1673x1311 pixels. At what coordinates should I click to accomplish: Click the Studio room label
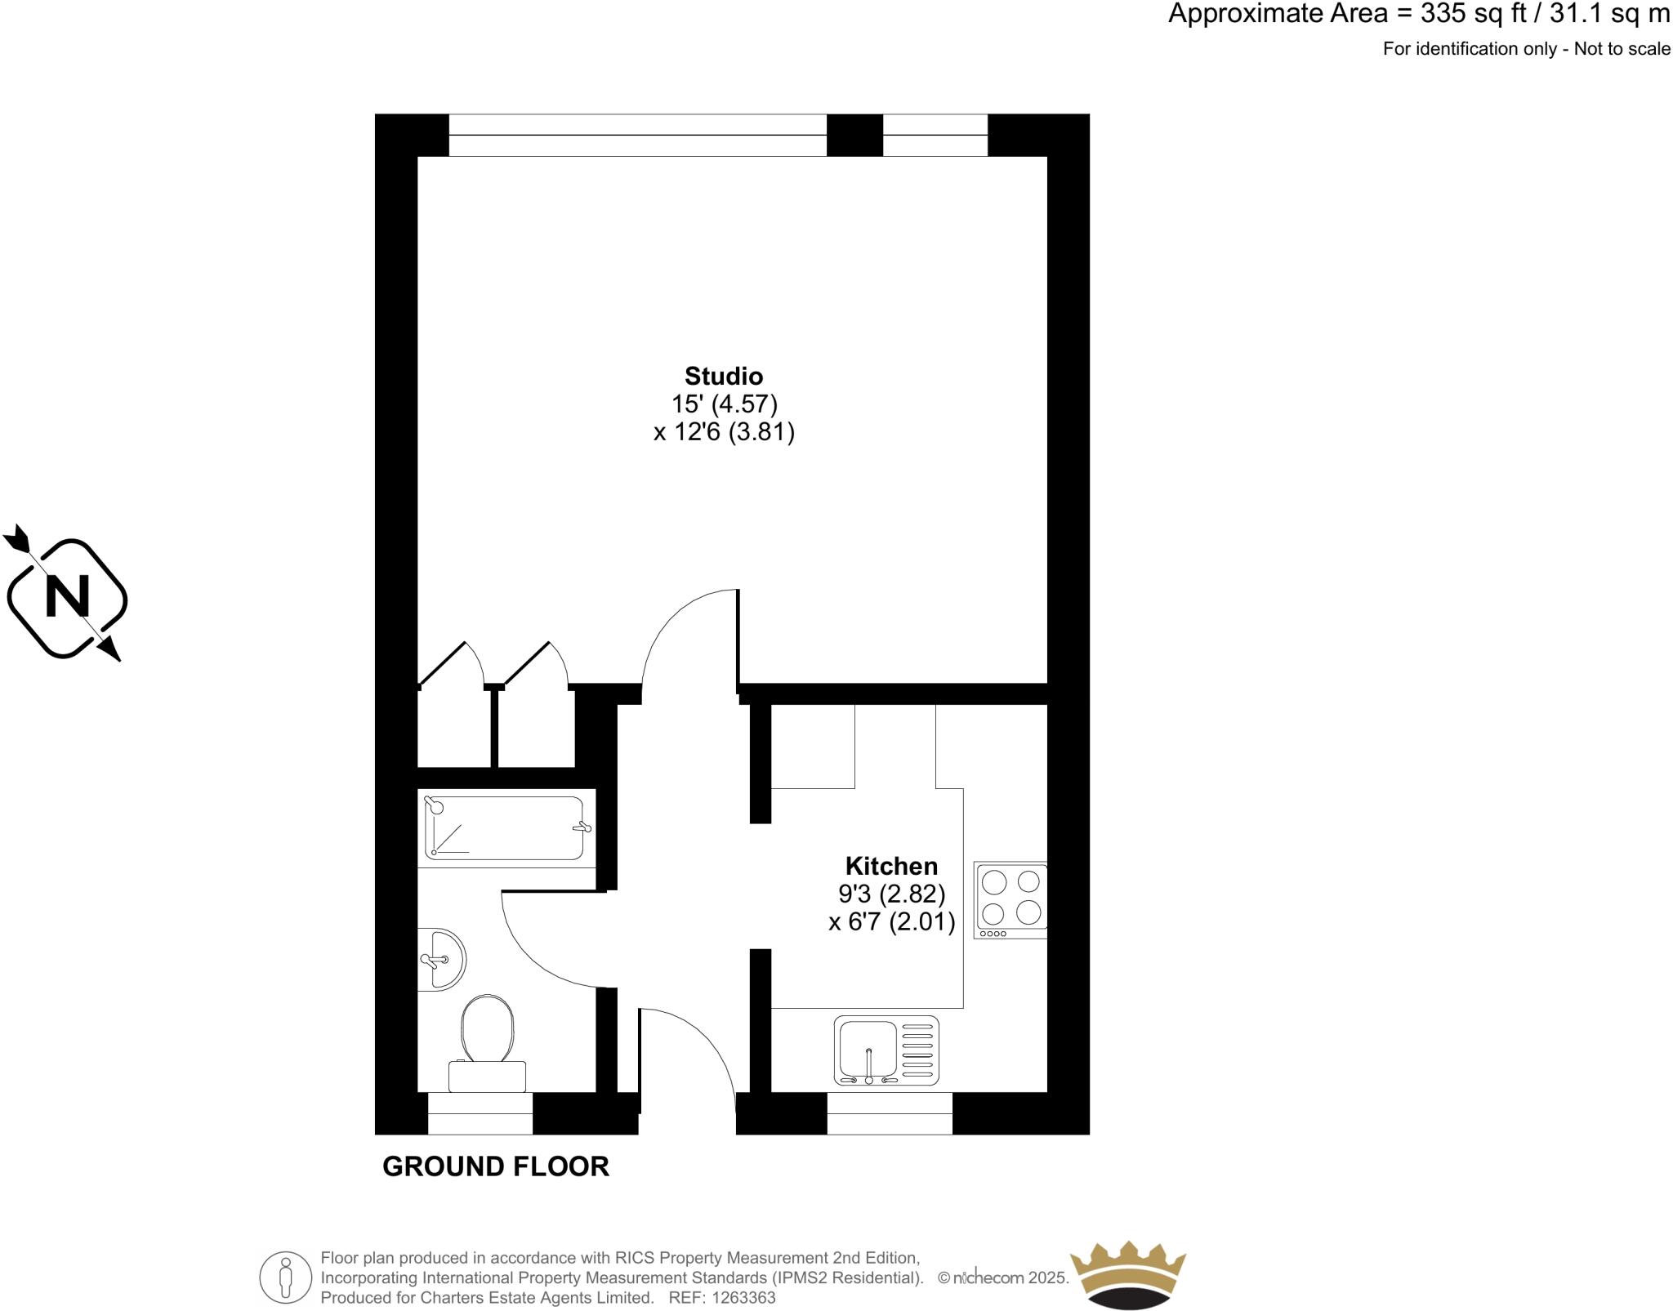pyautogui.click(x=724, y=376)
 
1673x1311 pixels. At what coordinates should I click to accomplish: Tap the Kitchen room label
pyautogui.click(x=891, y=866)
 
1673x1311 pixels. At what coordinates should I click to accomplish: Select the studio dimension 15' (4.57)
pyautogui.click(x=724, y=404)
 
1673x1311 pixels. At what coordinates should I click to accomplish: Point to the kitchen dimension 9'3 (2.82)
pyautogui.click(x=891, y=893)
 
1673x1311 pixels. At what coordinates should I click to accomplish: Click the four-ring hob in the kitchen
pyautogui.click(x=1010, y=899)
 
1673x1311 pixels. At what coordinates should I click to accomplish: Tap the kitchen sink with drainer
pyautogui.click(x=886, y=1050)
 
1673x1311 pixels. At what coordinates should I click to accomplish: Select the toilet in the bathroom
pyautogui.click(x=487, y=1041)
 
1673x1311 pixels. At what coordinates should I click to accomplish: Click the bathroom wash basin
pyautogui.click(x=440, y=960)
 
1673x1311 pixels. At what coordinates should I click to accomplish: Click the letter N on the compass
pyautogui.click(x=67, y=597)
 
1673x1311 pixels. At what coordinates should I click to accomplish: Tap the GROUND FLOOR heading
pyautogui.click(x=496, y=1166)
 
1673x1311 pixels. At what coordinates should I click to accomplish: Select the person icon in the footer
pyautogui.click(x=285, y=1278)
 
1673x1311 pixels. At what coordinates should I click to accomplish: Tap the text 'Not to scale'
pyautogui.click(x=1622, y=49)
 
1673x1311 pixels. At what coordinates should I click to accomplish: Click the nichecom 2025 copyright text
pyautogui.click(x=1003, y=1278)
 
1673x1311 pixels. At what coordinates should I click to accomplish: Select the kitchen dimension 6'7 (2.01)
pyautogui.click(x=891, y=921)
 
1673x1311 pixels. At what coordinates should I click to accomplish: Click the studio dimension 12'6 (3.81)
pyautogui.click(x=724, y=431)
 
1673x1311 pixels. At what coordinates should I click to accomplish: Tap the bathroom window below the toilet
pyautogui.click(x=480, y=1113)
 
